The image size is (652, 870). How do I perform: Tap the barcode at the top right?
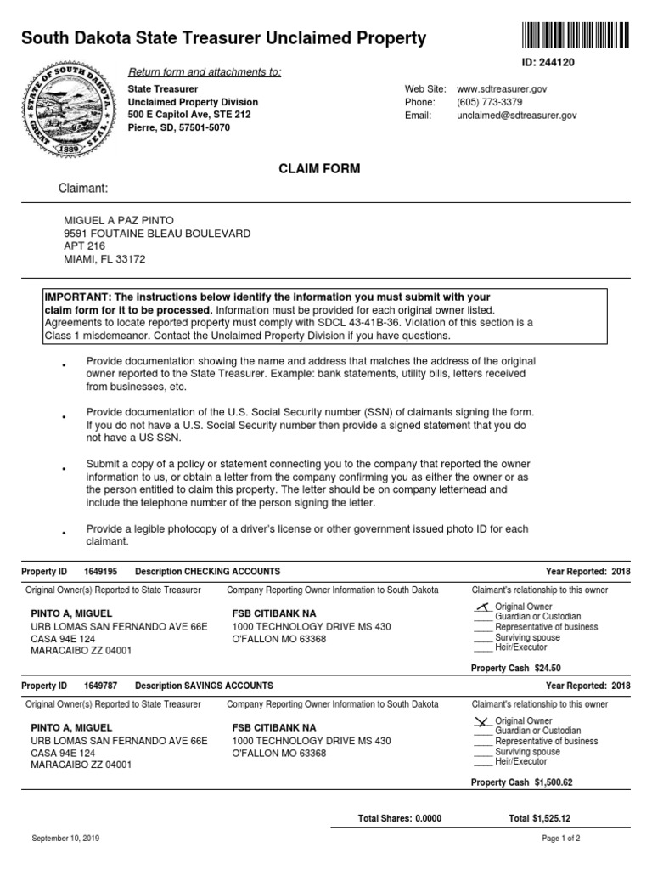[x=573, y=36]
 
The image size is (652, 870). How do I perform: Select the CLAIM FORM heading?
[x=319, y=169]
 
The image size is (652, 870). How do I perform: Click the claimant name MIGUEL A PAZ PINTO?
[x=117, y=220]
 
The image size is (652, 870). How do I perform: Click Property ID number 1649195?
[x=101, y=572]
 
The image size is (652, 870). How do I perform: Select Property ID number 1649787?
[x=101, y=686]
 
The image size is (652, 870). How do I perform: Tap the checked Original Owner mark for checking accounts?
[x=482, y=606]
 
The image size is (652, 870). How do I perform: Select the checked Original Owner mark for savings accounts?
[x=482, y=720]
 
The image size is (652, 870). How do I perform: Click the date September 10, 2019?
[x=65, y=839]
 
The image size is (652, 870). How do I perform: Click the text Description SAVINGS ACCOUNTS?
[x=204, y=686]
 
